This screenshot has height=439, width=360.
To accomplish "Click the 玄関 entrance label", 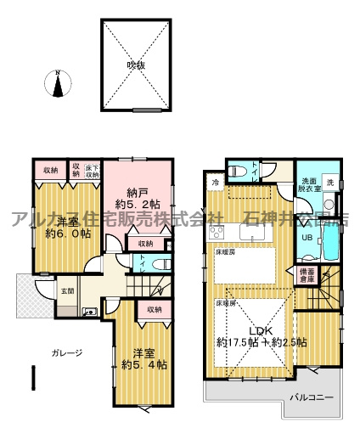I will (x=42, y=291).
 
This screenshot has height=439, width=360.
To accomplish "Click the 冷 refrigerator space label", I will (x=216, y=182).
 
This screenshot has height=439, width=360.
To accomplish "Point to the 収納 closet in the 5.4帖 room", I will (x=153, y=310).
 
